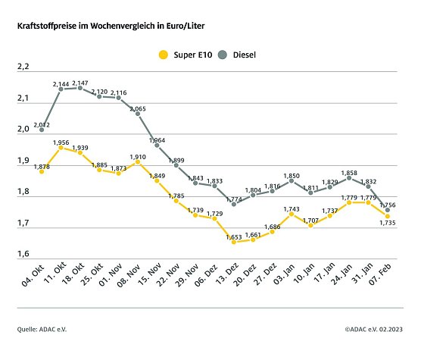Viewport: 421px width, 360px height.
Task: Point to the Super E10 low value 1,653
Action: pos(233,233)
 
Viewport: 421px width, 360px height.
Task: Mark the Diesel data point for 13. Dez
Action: pos(234,204)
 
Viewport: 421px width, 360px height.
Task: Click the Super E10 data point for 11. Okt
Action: pos(61,148)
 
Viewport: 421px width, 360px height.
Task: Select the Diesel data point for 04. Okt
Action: pos(42,130)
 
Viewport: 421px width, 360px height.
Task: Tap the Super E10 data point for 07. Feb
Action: pos(388,217)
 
